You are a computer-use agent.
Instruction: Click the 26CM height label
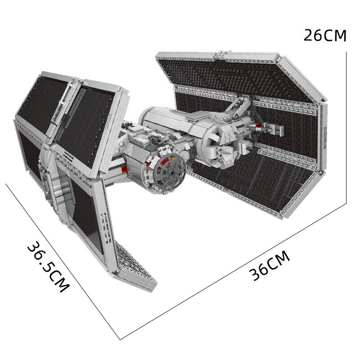click(x=324, y=36)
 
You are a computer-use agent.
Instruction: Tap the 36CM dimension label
click(x=270, y=266)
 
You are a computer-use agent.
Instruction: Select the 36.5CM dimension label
click(x=48, y=267)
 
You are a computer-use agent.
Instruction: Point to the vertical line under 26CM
click(x=346, y=128)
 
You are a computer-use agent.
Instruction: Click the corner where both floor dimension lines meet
click(x=120, y=339)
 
